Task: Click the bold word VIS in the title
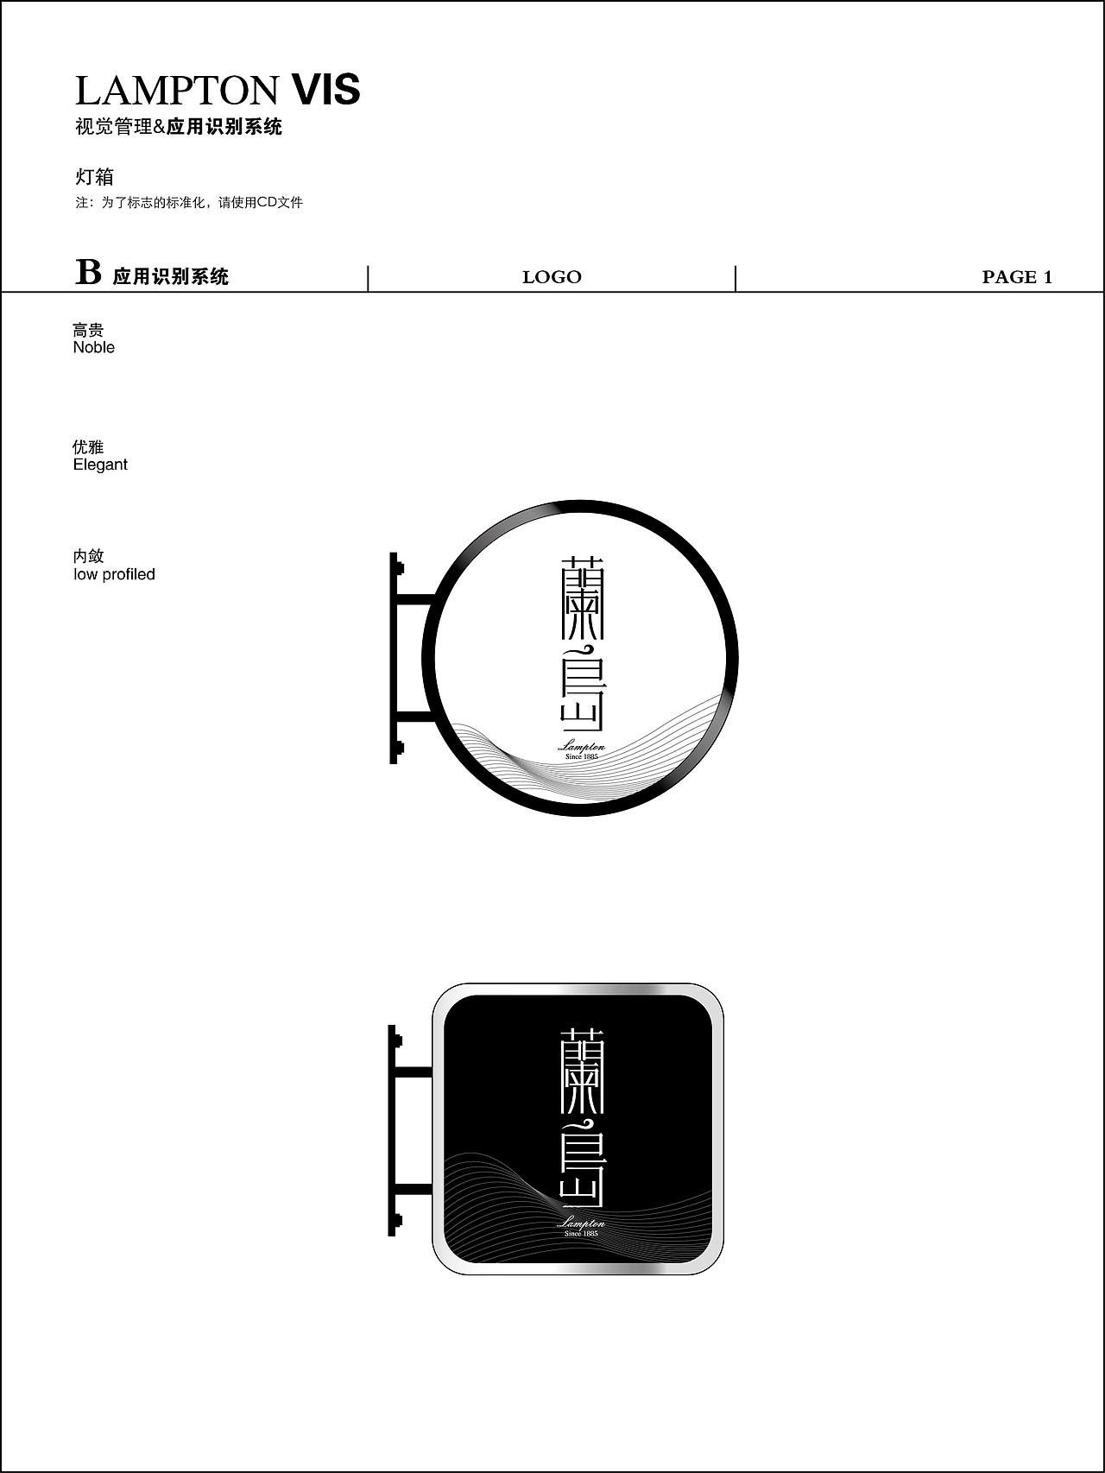[325, 91]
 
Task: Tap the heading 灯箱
[94, 177]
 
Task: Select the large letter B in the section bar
[88, 272]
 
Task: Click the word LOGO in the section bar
[552, 277]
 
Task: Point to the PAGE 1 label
[1017, 277]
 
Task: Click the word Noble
[94, 347]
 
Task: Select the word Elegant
[100, 465]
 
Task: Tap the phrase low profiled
[114, 574]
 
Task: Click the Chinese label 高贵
[88, 330]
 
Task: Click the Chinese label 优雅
[88, 446]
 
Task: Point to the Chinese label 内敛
[88, 556]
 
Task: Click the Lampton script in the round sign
[582, 746]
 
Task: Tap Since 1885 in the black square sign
[581, 1234]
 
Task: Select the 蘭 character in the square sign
[582, 1070]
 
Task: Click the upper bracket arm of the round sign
[414, 598]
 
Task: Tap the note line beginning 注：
[189, 203]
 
